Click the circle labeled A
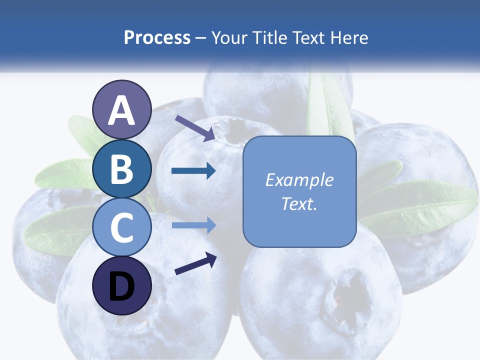122,109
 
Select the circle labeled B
122,168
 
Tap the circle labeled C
122,226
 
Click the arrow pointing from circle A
195,127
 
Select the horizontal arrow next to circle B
193,171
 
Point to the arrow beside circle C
193,225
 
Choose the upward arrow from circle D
195,264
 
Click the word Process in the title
157,37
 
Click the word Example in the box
299,179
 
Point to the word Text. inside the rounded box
299,203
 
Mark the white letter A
122,110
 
